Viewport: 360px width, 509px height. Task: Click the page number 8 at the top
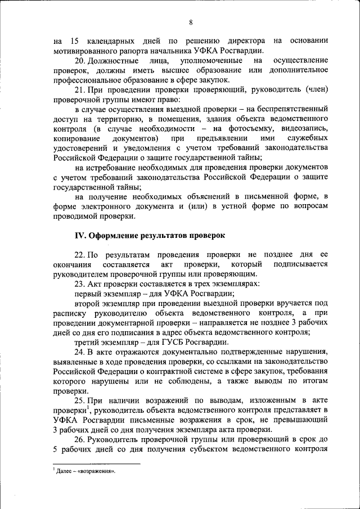tap(191, 22)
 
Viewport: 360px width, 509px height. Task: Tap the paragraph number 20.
tap(79, 60)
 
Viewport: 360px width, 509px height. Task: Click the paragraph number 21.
tap(79, 89)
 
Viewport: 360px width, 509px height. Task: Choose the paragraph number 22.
tap(79, 255)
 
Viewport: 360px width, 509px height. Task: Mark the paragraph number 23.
tap(79, 283)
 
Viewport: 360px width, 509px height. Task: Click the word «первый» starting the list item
tap(88, 293)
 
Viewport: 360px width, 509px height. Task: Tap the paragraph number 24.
tap(79, 352)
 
